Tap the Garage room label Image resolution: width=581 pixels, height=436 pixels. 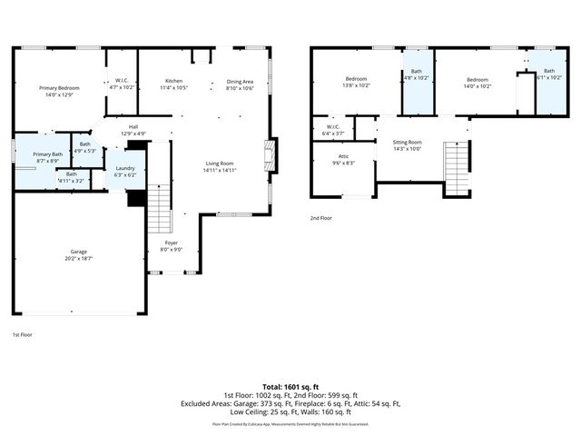pyautogui.click(x=80, y=254)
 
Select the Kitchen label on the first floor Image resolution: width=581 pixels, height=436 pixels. pyautogui.click(x=173, y=84)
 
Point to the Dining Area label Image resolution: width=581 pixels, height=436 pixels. pyautogui.click(x=241, y=84)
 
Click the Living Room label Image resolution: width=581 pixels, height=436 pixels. pyautogui.click(x=219, y=166)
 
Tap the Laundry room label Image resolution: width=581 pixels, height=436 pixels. pyautogui.click(x=124, y=171)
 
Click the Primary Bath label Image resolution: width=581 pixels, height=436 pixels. pyautogui.click(x=47, y=157)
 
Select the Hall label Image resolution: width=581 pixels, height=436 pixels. pyautogui.click(x=133, y=130)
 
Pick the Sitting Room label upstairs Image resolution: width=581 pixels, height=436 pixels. pyautogui.click(x=407, y=145)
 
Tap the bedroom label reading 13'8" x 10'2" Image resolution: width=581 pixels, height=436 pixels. pyautogui.click(x=355, y=83)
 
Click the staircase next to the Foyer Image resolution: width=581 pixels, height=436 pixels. pyautogui.click(x=159, y=208)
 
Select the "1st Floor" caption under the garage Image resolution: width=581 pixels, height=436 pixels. pyautogui.click(x=23, y=334)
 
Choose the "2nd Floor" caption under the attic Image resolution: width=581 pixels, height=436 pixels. pyautogui.click(x=321, y=219)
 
